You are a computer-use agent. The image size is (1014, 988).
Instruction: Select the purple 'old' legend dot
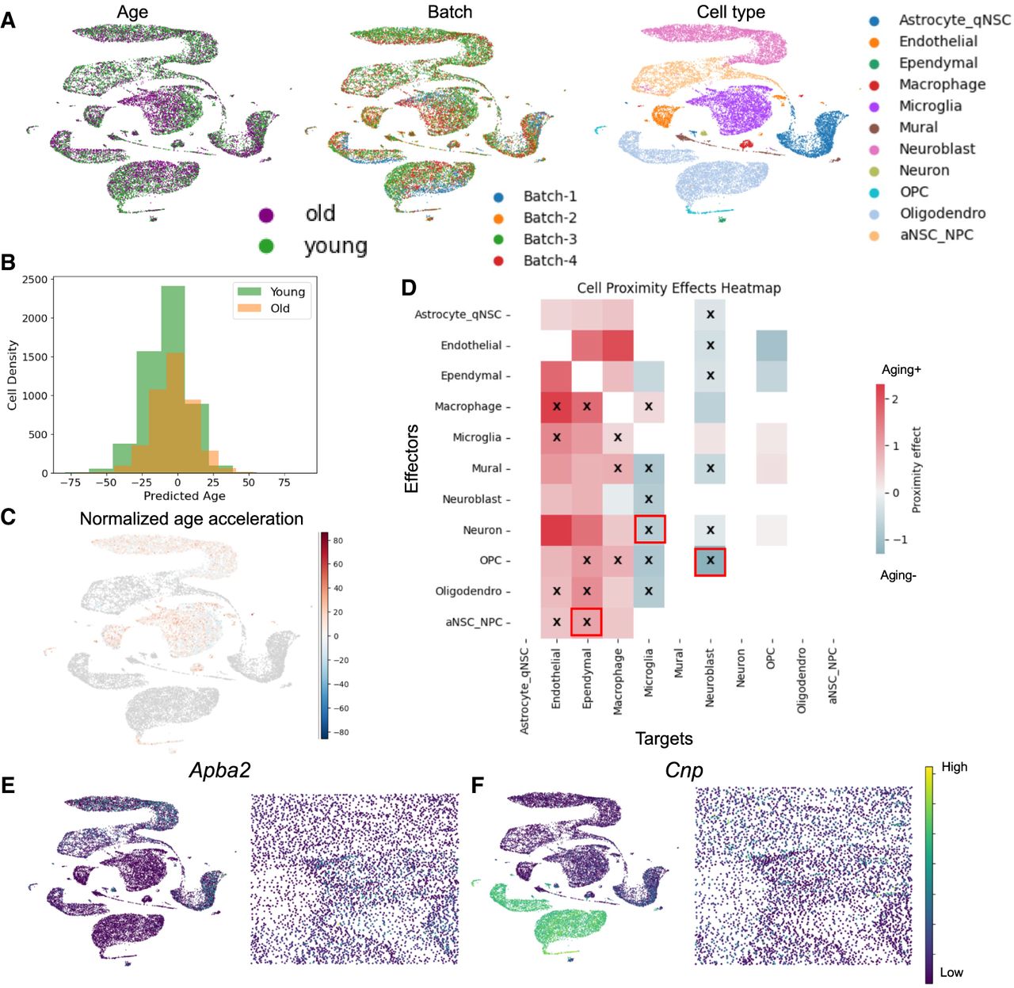pos(266,215)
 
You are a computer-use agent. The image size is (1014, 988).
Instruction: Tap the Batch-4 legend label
pos(550,261)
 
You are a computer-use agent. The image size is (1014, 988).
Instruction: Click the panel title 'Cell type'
pos(730,12)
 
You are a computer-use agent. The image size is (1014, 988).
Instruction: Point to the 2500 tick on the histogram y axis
pos(35,280)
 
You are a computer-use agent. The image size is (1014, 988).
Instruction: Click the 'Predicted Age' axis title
pos(184,496)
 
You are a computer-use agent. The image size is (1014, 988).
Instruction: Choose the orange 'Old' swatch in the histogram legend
pos(250,308)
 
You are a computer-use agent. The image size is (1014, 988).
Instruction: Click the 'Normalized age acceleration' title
pos(191,519)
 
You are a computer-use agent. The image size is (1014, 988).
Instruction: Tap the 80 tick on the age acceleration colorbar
pos(337,540)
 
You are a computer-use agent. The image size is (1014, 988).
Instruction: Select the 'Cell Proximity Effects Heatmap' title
pos(678,288)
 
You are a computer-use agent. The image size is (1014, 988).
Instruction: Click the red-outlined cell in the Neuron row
pos(649,529)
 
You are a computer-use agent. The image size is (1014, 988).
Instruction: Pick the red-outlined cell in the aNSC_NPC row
pos(587,622)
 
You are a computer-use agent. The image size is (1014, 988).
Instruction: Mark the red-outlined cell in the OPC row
pos(711,560)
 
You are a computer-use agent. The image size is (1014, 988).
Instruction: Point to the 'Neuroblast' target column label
pos(710,678)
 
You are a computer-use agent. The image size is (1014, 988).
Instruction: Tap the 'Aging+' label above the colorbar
pos(901,370)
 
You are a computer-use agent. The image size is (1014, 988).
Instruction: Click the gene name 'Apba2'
pos(220,770)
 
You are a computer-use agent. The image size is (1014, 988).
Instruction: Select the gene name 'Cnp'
pos(683,770)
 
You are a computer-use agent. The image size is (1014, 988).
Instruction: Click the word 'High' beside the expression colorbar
pos(954,767)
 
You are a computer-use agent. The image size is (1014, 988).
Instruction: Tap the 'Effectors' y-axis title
pos(412,459)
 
